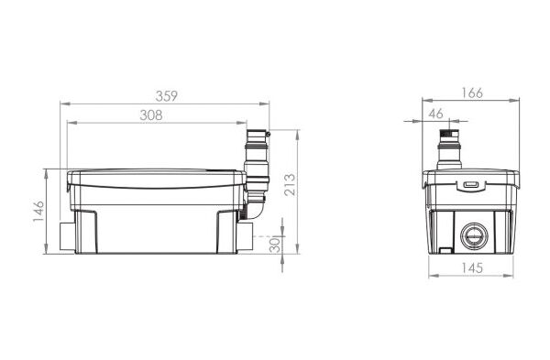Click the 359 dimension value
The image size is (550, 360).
(x=167, y=96)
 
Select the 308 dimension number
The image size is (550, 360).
(x=151, y=115)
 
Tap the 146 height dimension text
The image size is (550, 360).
(x=38, y=211)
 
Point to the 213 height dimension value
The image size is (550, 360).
(x=291, y=185)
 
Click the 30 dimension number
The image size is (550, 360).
(x=276, y=245)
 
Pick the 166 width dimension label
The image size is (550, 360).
(x=472, y=93)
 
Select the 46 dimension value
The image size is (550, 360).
(x=436, y=114)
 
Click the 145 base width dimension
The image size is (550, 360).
(x=472, y=268)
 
